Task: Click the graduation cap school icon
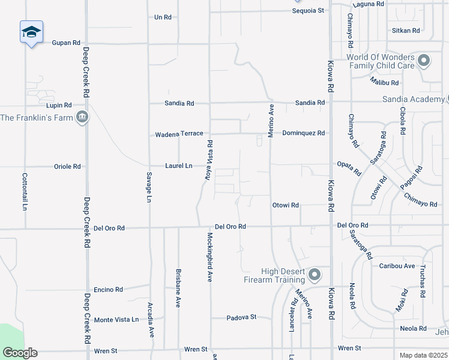point(31,32)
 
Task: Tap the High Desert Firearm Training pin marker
point(314,275)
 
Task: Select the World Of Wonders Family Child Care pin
point(424,60)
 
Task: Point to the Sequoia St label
point(308,10)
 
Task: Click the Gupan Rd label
point(66,43)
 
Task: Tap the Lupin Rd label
point(59,105)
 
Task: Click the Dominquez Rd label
point(303,133)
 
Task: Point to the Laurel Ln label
point(179,166)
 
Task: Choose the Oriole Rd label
point(67,166)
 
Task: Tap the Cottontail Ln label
point(25,191)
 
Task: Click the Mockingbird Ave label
point(210,257)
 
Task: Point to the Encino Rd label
point(108,289)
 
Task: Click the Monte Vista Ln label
point(116,320)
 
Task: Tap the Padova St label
point(241,317)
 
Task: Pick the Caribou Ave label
point(397,266)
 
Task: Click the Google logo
point(20,353)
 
